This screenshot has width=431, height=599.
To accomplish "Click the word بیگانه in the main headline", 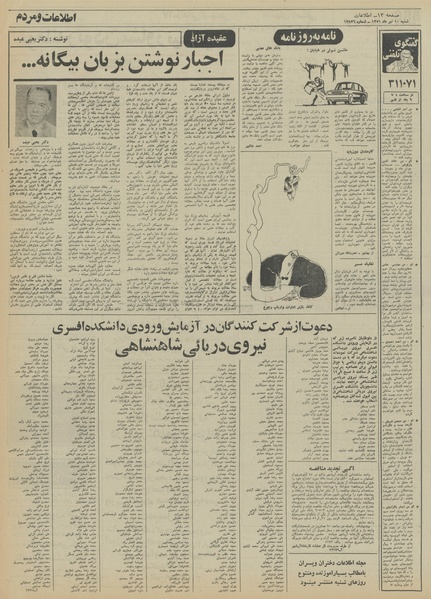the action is (x=39, y=67).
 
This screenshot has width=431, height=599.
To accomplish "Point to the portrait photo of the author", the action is (x=38, y=108).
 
